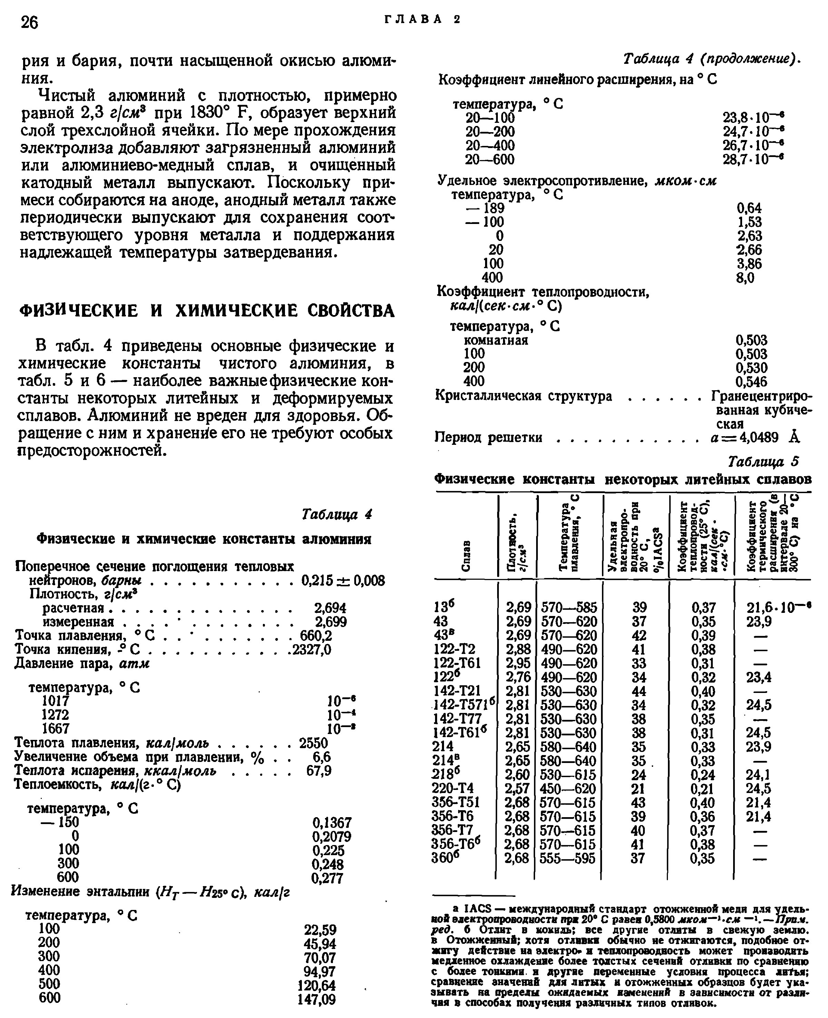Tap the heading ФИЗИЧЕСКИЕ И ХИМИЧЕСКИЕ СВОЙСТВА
tap(207, 311)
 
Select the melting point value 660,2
tap(316, 636)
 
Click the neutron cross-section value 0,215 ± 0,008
tap(343, 580)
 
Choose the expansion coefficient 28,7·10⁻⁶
tap(753, 159)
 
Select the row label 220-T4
tap(453, 789)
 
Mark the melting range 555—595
tap(568, 859)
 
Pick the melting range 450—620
tap(568, 789)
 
